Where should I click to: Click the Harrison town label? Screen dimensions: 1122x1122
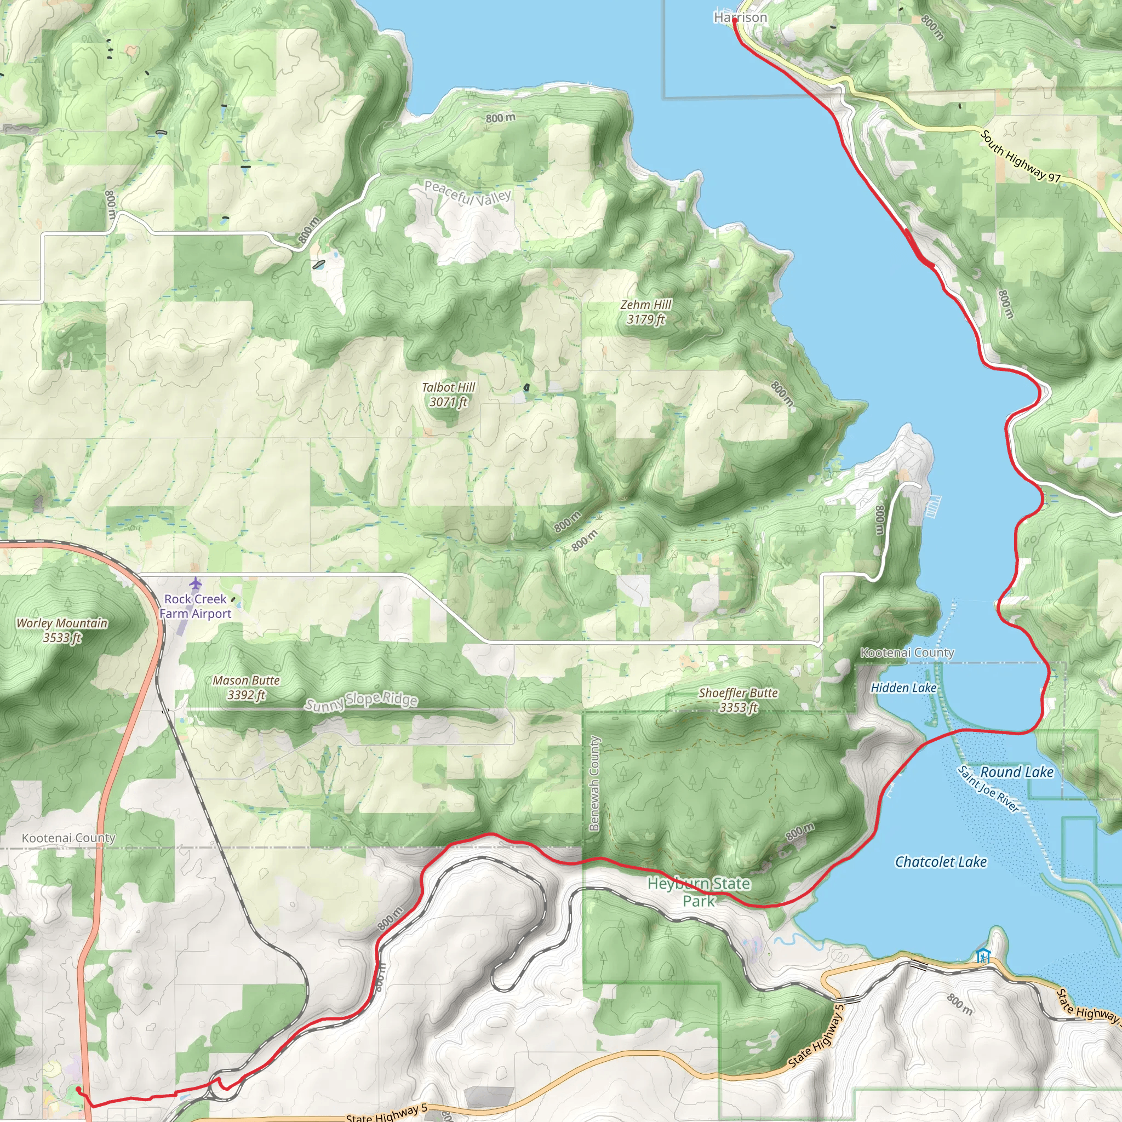(741, 18)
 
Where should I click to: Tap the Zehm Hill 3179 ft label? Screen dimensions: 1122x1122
(646, 312)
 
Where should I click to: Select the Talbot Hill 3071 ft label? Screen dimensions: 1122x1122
(448, 394)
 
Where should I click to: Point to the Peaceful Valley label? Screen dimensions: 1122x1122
(467, 193)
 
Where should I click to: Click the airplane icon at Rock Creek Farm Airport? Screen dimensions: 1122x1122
(196, 582)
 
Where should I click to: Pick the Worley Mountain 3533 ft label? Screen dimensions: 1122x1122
(62, 630)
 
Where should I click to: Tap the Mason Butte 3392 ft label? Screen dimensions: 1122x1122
(246, 687)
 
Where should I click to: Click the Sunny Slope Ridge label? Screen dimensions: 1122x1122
(361, 701)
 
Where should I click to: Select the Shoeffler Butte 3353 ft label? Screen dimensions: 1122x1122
(738, 700)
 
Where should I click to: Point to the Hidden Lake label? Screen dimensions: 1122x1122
(903, 688)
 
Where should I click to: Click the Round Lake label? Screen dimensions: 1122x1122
(1017, 772)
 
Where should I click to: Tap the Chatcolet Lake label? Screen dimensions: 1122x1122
(941, 862)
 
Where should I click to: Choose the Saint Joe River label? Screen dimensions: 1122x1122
(988, 790)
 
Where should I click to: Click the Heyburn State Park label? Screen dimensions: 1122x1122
(699, 892)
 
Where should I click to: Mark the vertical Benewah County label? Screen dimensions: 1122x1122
(594, 783)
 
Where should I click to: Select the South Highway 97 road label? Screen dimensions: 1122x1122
(1020, 157)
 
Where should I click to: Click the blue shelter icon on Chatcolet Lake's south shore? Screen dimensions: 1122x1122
(983, 955)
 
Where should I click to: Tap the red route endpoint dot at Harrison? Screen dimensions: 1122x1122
(735, 21)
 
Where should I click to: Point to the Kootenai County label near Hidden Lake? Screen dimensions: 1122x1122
(907, 652)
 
